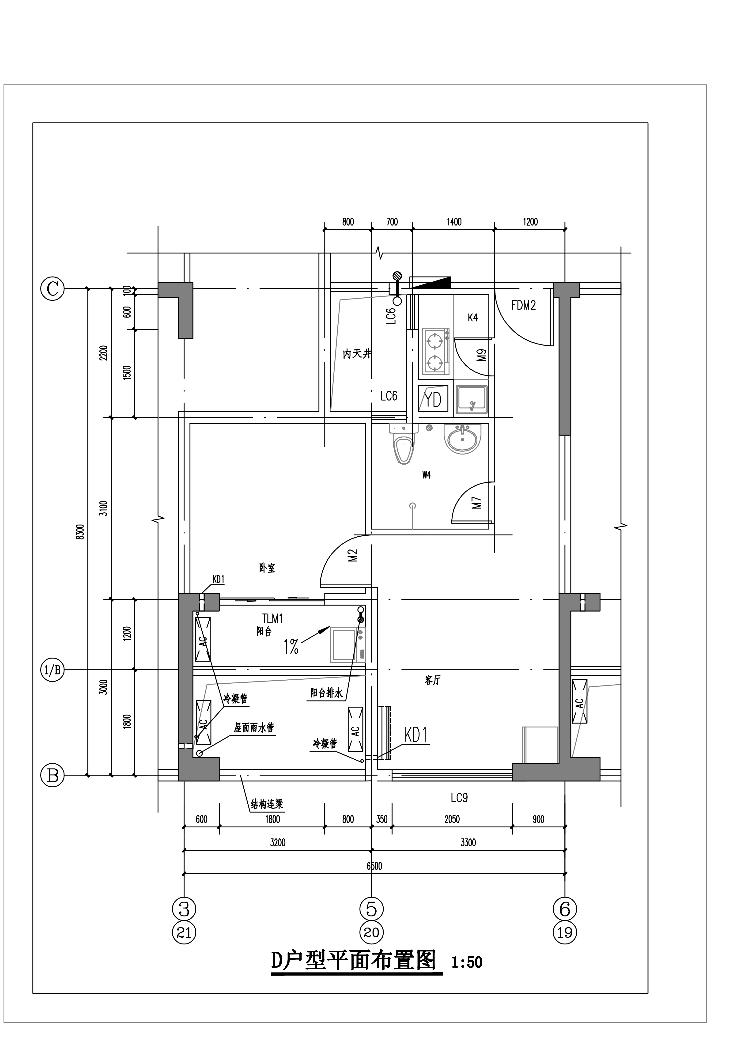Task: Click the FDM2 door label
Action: [x=524, y=305]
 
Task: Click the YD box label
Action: [x=433, y=399]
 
